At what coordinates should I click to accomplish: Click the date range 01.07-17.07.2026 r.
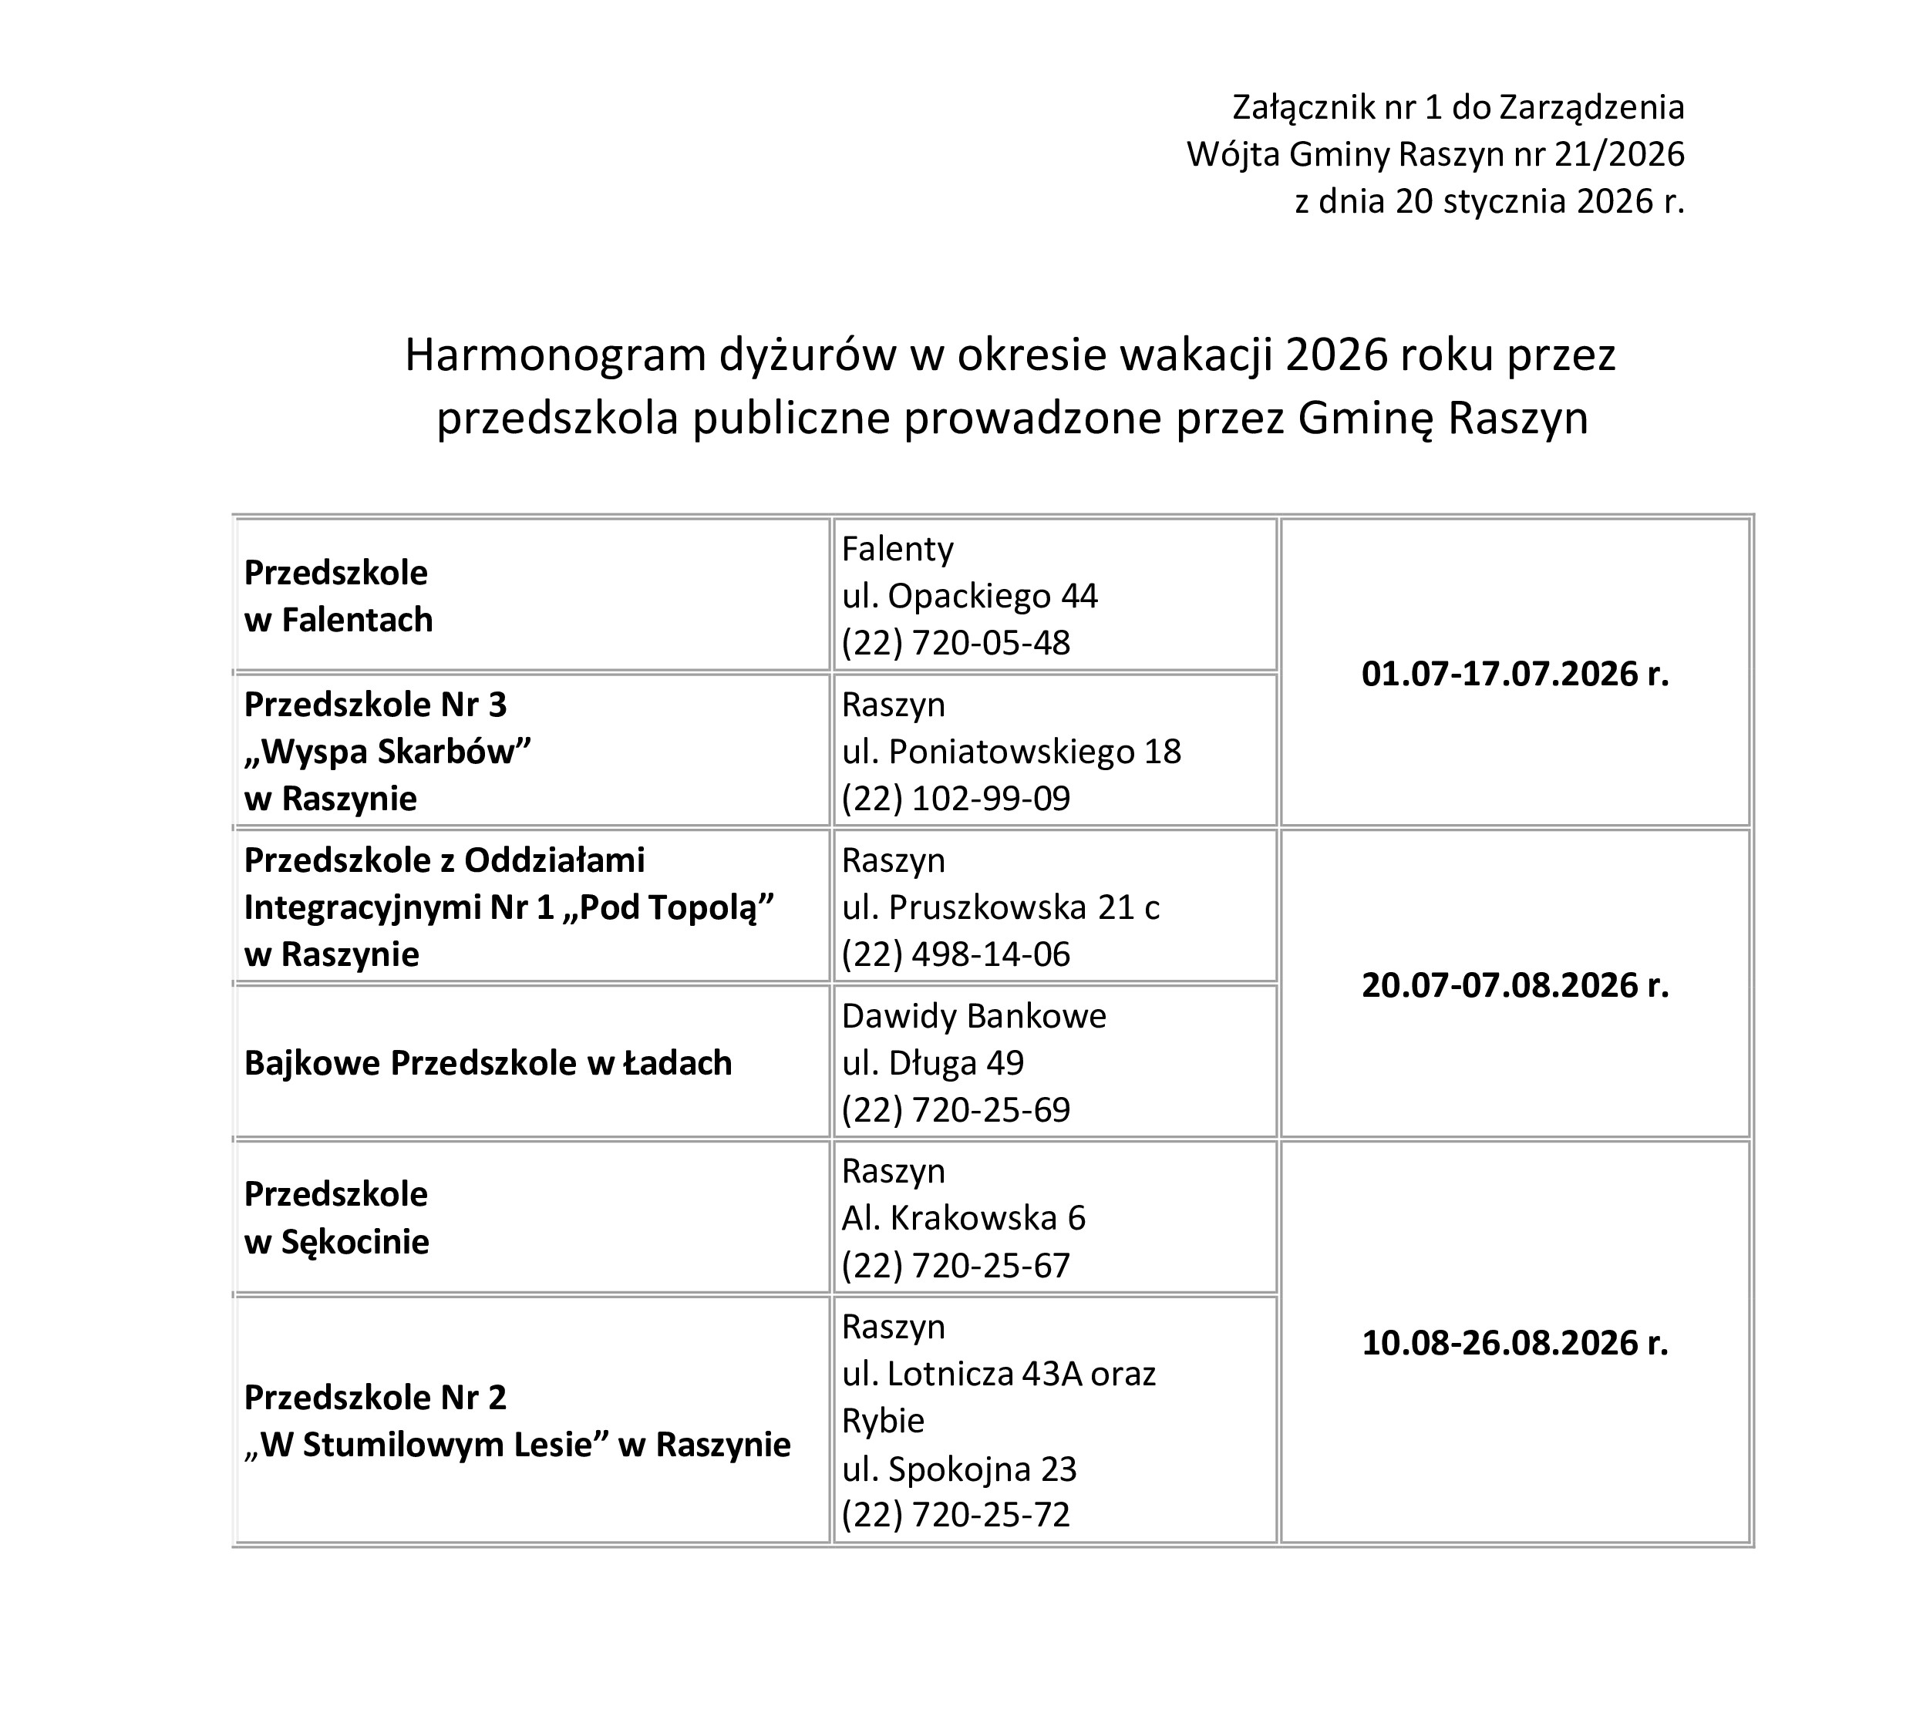(1514, 673)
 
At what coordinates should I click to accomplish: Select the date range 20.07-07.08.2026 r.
(1514, 984)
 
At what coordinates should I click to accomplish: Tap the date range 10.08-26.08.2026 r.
(1514, 1342)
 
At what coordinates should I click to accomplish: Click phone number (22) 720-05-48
(955, 643)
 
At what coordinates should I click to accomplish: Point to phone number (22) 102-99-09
(955, 798)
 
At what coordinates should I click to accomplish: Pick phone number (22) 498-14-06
(955, 954)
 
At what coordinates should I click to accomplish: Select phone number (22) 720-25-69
(955, 1109)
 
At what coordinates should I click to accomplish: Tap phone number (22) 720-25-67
(955, 1265)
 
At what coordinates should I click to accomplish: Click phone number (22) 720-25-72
(955, 1515)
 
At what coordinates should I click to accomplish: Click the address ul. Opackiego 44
(970, 595)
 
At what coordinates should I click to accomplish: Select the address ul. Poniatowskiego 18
(1012, 751)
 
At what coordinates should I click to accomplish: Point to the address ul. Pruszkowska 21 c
(1000, 907)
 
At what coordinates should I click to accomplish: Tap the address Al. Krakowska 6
(963, 1217)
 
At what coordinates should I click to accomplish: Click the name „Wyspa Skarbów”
(386, 751)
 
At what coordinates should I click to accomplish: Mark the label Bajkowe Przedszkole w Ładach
(488, 1062)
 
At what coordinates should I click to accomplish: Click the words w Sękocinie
(336, 1241)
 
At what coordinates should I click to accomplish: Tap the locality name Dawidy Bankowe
(974, 1016)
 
